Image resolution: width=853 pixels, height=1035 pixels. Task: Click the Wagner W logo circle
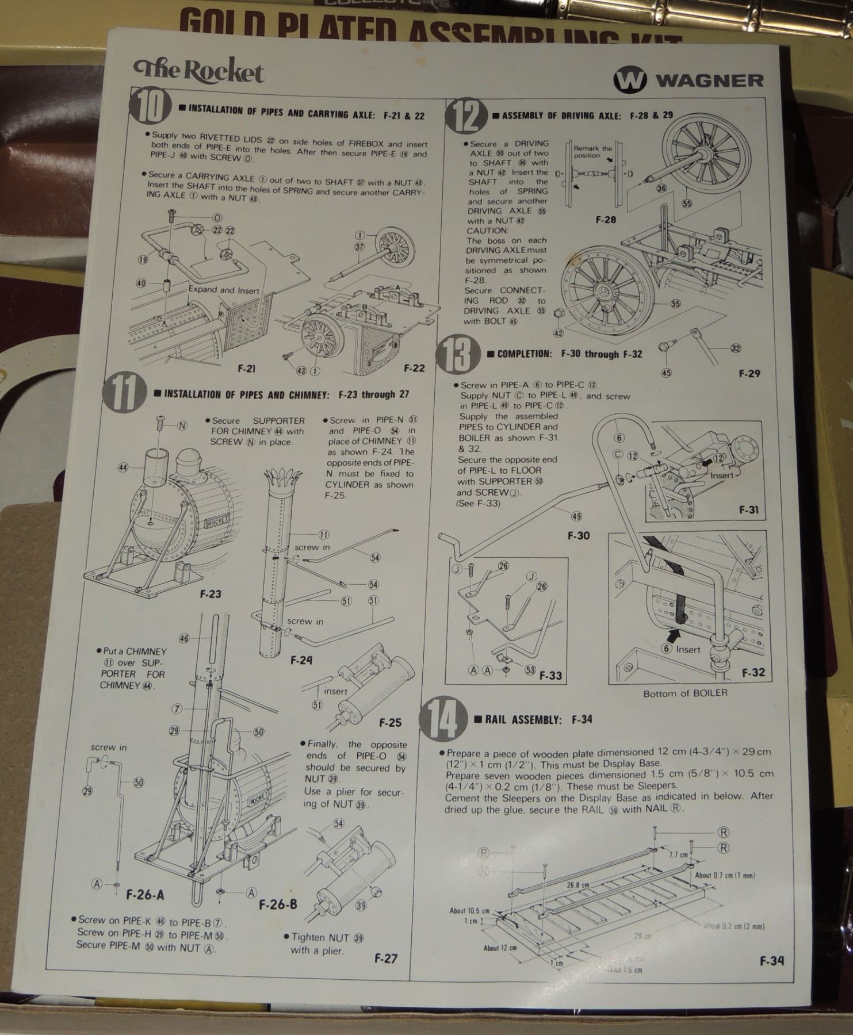tap(630, 80)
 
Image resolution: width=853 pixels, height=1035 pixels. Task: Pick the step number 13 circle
tap(458, 354)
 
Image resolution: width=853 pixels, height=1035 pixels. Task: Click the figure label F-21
tap(246, 369)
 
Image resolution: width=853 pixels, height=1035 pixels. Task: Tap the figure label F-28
tap(606, 220)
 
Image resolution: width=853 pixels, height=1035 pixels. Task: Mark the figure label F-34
tap(771, 961)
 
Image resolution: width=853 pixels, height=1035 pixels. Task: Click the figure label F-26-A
tap(145, 895)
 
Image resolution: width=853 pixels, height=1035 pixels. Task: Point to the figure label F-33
tap(550, 676)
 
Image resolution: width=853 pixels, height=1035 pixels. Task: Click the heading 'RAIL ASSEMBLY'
tap(522, 719)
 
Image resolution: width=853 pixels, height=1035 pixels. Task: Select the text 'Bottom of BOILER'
tap(685, 693)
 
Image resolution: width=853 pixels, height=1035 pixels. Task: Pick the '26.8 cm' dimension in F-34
tap(577, 885)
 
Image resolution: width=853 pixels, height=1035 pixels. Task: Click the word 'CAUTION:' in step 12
tap(487, 231)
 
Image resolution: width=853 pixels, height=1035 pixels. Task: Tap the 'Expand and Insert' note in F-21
tap(223, 290)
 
